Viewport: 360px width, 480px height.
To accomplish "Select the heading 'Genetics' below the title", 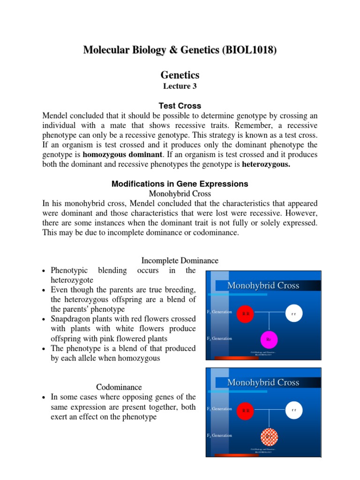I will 180,75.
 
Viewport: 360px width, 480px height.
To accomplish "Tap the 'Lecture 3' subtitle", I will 180,86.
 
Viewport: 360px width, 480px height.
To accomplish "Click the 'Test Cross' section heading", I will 180,106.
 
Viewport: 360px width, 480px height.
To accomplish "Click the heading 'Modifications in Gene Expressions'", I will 180,184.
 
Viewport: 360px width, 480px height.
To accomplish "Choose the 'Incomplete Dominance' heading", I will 180,260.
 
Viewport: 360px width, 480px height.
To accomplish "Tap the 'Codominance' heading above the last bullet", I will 119,387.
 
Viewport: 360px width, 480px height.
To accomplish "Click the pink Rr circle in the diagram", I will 269,339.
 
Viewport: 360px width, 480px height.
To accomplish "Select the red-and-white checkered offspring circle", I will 269,436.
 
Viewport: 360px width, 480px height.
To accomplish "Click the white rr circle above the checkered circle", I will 294,410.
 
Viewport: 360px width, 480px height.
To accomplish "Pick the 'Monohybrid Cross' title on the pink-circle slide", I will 263,285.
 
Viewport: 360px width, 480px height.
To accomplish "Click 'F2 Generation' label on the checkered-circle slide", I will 219,435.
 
